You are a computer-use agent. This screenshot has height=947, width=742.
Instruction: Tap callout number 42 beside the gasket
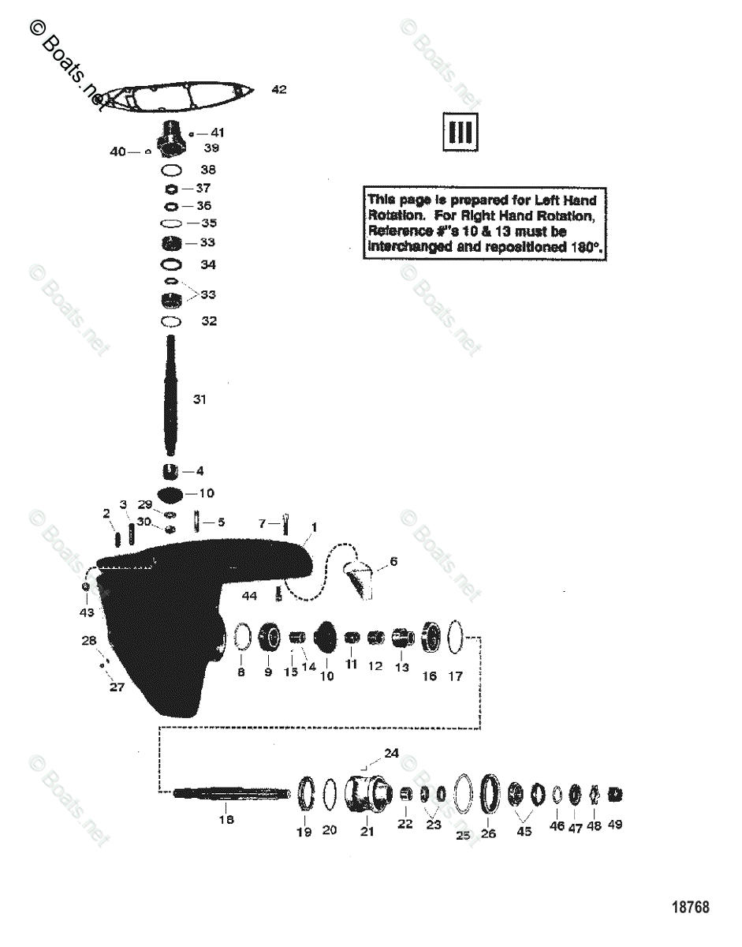[x=279, y=89]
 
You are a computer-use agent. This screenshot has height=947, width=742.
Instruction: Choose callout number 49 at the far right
[x=614, y=825]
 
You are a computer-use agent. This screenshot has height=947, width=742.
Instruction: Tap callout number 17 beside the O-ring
[x=456, y=676]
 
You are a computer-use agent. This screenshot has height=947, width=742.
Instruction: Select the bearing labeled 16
[x=431, y=636]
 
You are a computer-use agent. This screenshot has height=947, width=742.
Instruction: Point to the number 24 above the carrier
[x=392, y=754]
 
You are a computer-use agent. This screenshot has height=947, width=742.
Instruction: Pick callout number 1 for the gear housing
[x=314, y=526]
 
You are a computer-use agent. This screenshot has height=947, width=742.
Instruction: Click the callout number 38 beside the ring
[x=208, y=170]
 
